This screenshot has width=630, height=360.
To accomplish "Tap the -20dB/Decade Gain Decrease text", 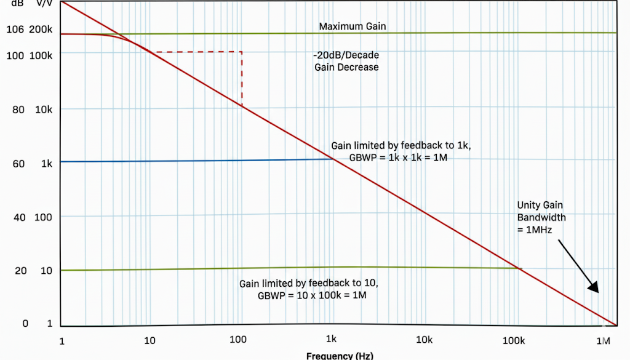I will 346,61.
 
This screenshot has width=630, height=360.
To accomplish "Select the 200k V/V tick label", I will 41,29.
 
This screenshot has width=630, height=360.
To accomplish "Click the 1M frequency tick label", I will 602,341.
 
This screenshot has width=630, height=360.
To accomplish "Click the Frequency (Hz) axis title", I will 339,355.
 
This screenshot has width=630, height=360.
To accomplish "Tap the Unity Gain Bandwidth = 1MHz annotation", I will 541,217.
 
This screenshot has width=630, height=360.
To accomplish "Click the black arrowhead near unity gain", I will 593,287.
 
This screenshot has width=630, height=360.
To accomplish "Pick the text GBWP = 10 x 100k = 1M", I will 314,295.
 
